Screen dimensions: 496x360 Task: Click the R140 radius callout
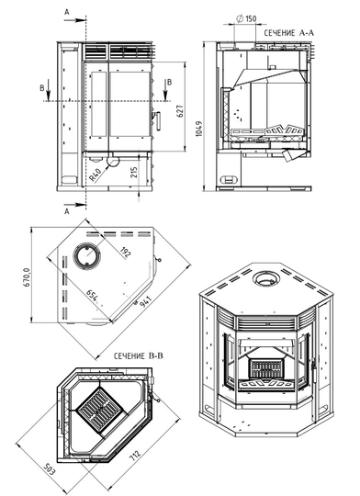(x=93, y=172)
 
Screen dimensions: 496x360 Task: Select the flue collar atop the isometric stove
(x=268, y=277)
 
